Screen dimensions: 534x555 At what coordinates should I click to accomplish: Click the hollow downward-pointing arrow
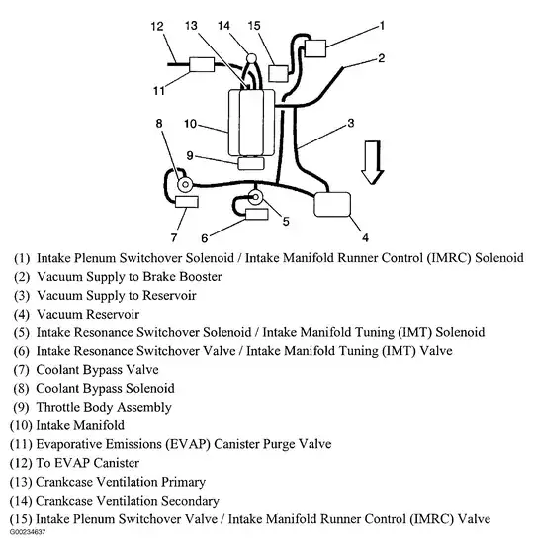(373, 162)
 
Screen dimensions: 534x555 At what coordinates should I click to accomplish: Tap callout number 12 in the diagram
(157, 26)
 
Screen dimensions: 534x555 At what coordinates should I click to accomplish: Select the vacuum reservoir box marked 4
(332, 204)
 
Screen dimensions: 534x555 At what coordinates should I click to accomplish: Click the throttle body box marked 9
(251, 163)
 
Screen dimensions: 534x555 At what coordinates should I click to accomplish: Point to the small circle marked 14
(251, 57)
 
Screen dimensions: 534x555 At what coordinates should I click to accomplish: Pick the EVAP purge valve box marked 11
(202, 64)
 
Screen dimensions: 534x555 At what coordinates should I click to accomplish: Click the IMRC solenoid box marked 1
(314, 48)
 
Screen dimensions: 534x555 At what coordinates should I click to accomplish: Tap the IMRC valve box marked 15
(278, 73)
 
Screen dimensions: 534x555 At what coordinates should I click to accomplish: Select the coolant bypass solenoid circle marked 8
(185, 184)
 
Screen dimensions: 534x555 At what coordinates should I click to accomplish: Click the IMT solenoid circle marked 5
(255, 197)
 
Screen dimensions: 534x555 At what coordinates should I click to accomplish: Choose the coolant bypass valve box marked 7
(187, 202)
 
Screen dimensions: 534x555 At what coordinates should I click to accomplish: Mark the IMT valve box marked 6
(256, 215)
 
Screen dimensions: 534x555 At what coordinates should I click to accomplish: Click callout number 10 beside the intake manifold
(191, 124)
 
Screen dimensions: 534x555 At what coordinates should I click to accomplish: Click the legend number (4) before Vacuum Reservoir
(22, 314)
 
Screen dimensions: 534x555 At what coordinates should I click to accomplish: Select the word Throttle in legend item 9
(57, 407)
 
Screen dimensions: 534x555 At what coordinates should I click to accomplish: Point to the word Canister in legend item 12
(117, 463)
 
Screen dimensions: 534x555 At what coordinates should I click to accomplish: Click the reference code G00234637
(28, 532)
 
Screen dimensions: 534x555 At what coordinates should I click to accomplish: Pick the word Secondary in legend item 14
(190, 501)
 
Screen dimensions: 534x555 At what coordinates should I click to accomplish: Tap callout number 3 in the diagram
(351, 123)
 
